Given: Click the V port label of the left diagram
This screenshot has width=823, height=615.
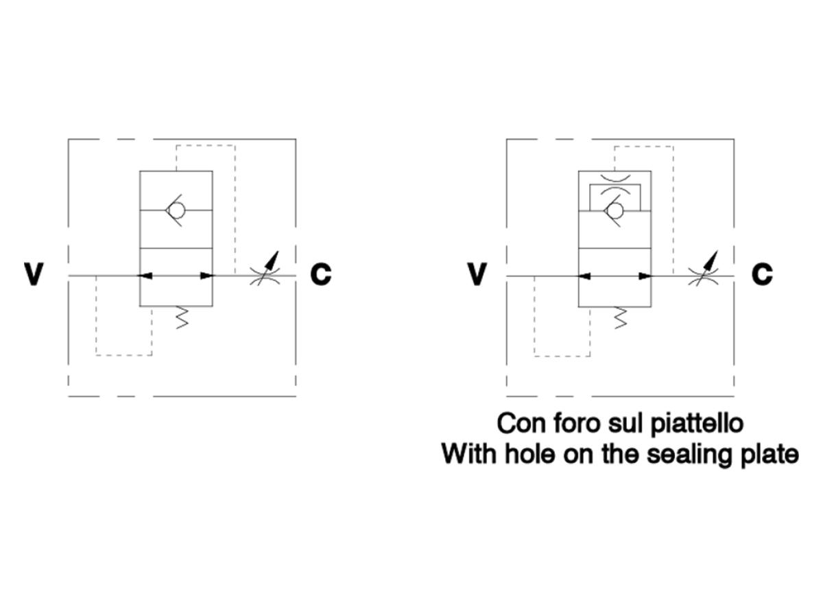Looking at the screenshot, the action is click(34, 274).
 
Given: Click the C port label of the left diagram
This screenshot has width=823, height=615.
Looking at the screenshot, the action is click(320, 274).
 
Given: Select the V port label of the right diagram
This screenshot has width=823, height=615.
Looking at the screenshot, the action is click(477, 274).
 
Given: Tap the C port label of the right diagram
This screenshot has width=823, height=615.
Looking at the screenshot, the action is click(762, 274).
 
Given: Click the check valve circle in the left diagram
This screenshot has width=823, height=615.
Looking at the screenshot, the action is click(176, 210).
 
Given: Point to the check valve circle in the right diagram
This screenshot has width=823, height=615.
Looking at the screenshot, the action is click(615, 211).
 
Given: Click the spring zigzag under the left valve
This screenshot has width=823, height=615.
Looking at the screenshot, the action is click(182, 318).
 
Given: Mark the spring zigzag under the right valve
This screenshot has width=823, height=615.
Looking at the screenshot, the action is click(621, 318).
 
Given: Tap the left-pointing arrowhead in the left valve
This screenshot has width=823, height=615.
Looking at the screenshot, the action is click(144, 276).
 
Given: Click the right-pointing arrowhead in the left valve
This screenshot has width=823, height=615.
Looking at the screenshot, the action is click(208, 276).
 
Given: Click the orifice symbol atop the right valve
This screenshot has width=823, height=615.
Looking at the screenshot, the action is click(615, 184).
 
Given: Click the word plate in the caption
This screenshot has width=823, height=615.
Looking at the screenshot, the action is click(770, 455).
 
